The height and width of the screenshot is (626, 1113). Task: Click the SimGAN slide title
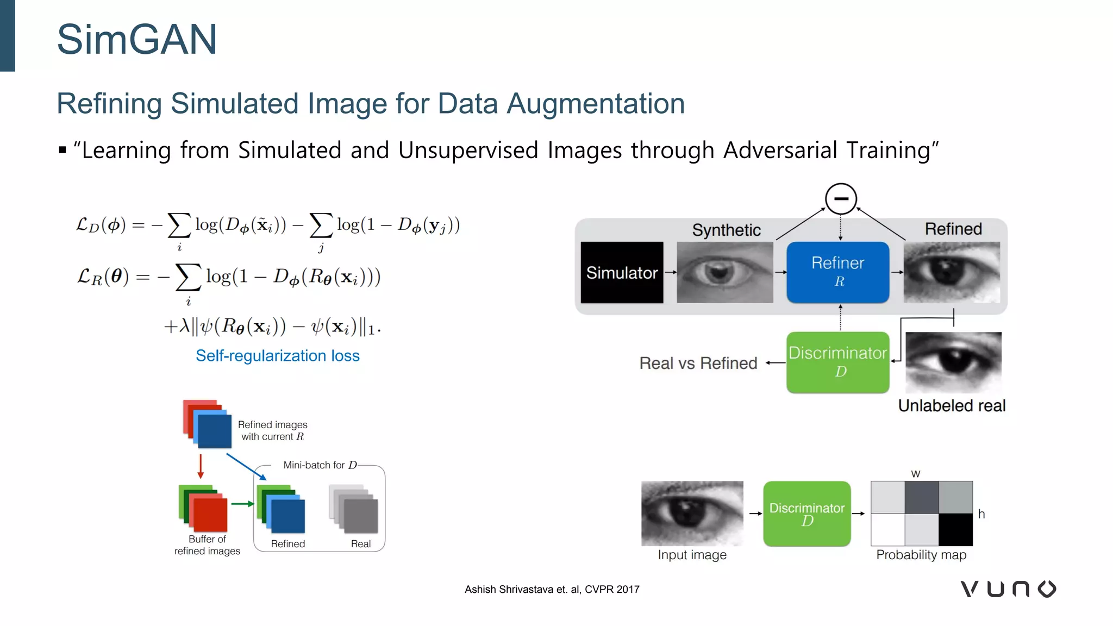[x=137, y=39]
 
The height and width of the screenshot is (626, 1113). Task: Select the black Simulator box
[x=622, y=272]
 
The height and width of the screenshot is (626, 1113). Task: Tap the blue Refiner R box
[x=837, y=272]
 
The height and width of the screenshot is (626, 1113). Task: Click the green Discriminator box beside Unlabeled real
[x=837, y=362]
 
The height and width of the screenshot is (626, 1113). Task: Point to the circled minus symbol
[x=841, y=199]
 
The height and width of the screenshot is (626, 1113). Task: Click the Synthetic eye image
[x=724, y=272]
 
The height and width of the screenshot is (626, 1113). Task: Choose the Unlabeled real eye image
[x=953, y=362]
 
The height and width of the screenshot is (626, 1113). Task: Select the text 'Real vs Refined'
[x=698, y=363]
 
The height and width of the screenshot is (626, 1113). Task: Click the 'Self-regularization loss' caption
[x=278, y=356]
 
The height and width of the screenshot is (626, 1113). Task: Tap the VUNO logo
[x=1008, y=589]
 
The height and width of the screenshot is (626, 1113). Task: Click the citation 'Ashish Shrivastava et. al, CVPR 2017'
[x=552, y=590]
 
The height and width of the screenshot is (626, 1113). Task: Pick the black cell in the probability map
[x=955, y=529]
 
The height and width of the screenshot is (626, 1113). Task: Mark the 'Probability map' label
[x=921, y=555]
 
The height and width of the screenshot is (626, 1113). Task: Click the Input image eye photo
[x=692, y=513]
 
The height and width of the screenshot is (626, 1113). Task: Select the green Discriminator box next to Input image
[x=806, y=514]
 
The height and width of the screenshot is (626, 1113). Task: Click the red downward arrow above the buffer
[x=201, y=466]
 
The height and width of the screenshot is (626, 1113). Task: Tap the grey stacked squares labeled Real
[x=354, y=509]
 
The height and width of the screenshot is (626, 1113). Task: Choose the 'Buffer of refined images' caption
[x=207, y=545]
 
